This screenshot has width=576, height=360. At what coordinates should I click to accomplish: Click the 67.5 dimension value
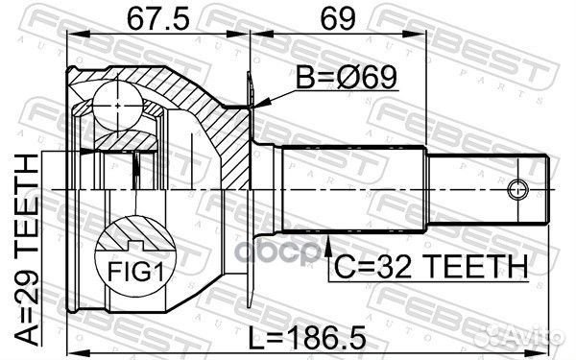pyautogui.click(x=158, y=18)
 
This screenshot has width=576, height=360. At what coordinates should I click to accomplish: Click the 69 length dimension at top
pyautogui.click(x=338, y=18)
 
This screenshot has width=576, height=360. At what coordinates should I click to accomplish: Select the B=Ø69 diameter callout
pyautogui.click(x=347, y=78)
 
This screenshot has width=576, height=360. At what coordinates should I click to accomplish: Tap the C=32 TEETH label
pyautogui.click(x=430, y=266)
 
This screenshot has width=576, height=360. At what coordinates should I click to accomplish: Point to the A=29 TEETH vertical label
pyautogui.click(x=27, y=250)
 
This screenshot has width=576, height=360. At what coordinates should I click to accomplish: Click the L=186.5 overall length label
pyautogui.click(x=307, y=338)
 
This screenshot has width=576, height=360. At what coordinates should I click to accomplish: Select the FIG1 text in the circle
pyautogui.click(x=135, y=271)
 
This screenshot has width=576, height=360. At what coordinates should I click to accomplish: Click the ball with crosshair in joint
pyautogui.click(x=117, y=106)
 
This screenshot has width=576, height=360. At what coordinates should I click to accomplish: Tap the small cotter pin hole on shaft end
pyautogui.click(x=518, y=190)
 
